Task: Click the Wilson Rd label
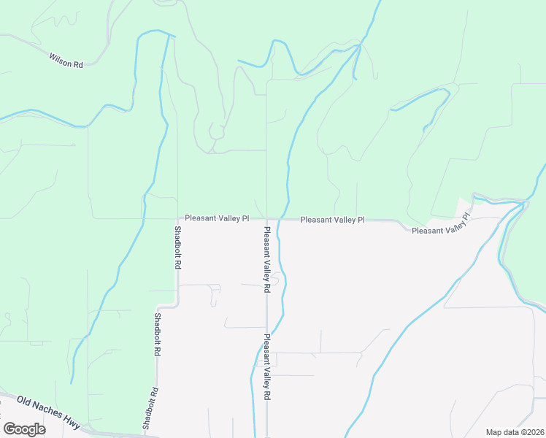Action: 66,60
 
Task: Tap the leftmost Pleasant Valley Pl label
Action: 217,218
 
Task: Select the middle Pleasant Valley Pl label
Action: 332,219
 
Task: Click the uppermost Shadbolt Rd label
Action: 177,247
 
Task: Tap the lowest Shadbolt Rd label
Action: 149,408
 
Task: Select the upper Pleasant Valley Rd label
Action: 267,259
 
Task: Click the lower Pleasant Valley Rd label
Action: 267,366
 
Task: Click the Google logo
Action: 24,429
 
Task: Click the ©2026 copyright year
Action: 533,432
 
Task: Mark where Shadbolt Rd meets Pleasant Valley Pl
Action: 177,218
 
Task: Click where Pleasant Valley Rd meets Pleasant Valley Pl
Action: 267,218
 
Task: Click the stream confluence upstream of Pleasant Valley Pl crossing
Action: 358,47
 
